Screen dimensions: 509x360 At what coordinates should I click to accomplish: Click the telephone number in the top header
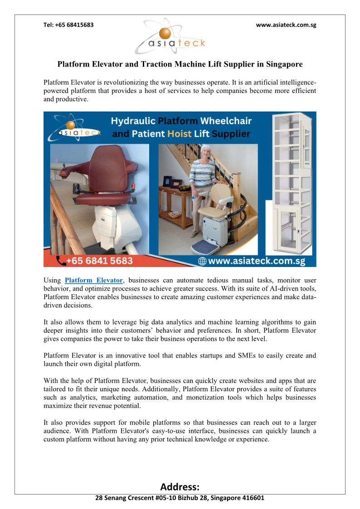(x=68, y=25)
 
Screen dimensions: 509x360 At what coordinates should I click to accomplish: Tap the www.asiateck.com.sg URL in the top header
(x=286, y=25)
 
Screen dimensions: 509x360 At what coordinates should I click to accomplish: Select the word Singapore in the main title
(x=280, y=64)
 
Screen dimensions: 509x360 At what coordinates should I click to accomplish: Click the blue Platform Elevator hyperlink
(x=94, y=281)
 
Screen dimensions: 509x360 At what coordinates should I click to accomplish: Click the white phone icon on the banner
(x=60, y=261)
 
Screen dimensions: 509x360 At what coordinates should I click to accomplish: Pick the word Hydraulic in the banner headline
(x=134, y=121)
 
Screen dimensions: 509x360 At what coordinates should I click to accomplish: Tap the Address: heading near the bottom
(x=180, y=487)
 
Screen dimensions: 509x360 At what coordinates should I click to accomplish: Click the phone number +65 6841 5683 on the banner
(x=100, y=261)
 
